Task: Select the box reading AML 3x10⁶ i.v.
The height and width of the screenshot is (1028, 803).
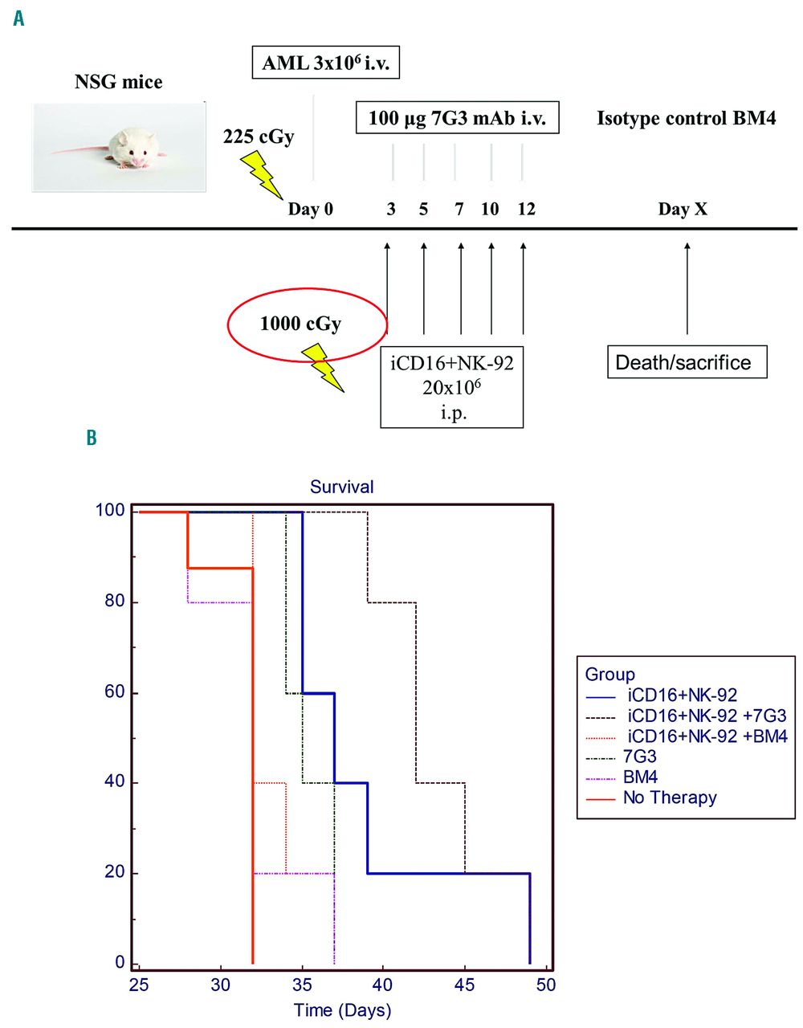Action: click(x=325, y=63)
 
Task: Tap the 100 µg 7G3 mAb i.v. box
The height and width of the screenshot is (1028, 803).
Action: click(x=457, y=119)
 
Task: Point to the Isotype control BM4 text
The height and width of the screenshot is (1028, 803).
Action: click(x=686, y=119)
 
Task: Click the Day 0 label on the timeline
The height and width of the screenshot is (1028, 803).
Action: click(x=311, y=210)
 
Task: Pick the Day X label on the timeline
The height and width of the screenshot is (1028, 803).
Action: click(x=683, y=210)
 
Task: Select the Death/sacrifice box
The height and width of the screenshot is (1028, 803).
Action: click(x=687, y=362)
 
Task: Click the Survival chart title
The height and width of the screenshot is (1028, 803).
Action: click(x=342, y=487)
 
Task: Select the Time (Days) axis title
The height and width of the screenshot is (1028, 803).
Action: click(x=342, y=1010)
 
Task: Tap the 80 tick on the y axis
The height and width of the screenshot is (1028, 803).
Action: click(x=115, y=602)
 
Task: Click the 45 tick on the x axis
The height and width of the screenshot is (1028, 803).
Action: click(x=465, y=985)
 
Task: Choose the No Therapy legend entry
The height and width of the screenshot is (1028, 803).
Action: click(x=670, y=798)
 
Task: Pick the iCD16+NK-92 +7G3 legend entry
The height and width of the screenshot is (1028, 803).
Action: click(x=707, y=716)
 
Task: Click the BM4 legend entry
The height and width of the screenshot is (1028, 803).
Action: click(x=641, y=777)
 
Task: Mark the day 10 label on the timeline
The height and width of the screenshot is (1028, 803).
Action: click(x=490, y=210)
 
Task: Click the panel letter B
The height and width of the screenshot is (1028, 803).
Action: click(x=92, y=439)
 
